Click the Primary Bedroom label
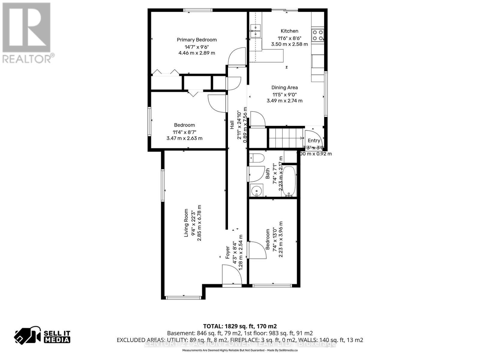(196, 40)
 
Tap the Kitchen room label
(289, 31)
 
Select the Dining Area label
(284, 88)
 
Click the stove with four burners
(318, 35)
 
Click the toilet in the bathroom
(256, 158)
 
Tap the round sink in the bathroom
(256, 191)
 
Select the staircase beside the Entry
(285, 138)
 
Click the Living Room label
(186, 223)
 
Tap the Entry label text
(314, 141)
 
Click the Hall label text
(232, 125)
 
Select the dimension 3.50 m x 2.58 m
(289, 44)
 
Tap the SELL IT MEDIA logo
(42, 337)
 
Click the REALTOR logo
(27, 33)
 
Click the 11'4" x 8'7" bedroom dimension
(184, 132)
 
